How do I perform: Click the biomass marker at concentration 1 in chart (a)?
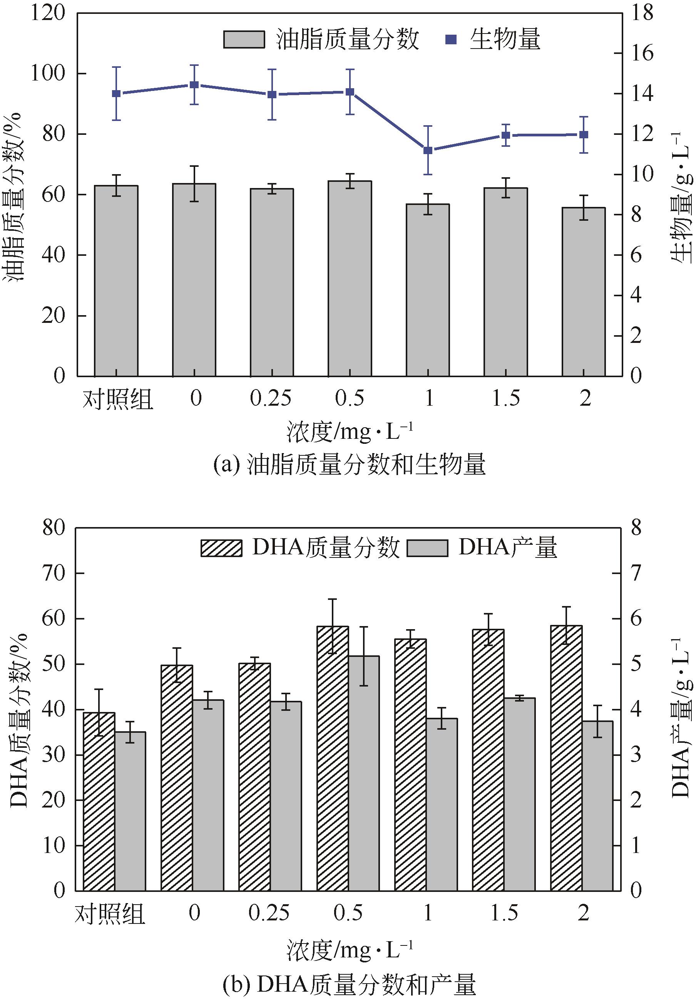pos(428,150)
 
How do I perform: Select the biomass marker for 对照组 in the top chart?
pos(116,94)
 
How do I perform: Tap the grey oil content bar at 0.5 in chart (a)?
pos(350,279)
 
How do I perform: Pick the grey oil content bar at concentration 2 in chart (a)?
pos(584,292)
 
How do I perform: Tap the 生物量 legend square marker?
pos(452,40)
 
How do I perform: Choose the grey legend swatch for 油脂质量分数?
pos(244,40)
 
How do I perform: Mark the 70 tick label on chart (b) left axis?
pos(53,573)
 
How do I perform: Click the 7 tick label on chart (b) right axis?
pos(636,573)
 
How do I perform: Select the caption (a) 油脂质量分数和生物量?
pos(349,465)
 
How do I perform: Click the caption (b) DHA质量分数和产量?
pos(349,984)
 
